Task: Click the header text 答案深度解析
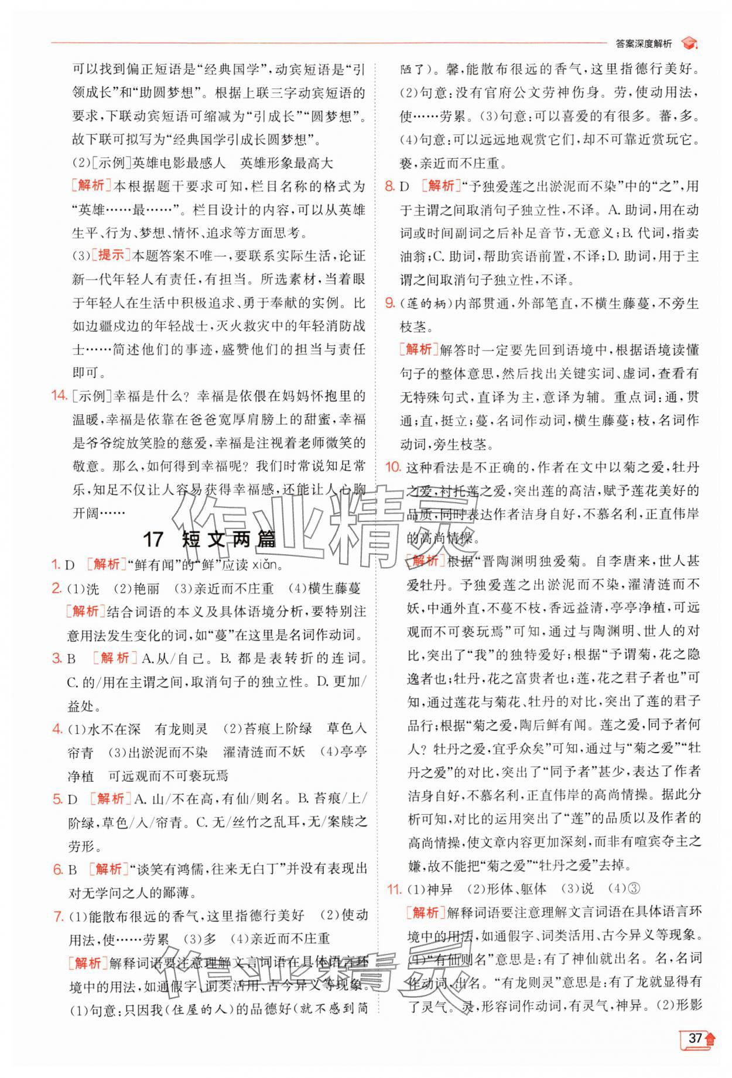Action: [x=644, y=43]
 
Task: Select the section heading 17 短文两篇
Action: [x=209, y=539]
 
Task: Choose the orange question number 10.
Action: [x=392, y=467]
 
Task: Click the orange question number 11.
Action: [x=392, y=889]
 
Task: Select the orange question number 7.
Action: [x=58, y=916]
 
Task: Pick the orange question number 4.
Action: [x=57, y=729]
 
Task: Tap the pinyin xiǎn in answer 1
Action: [x=268, y=565]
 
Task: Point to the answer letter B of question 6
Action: [x=72, y=870]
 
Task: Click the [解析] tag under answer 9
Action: [x=418, y=350]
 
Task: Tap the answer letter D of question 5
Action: [x=73, y=799]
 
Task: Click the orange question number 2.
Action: [x=57, y=588]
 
